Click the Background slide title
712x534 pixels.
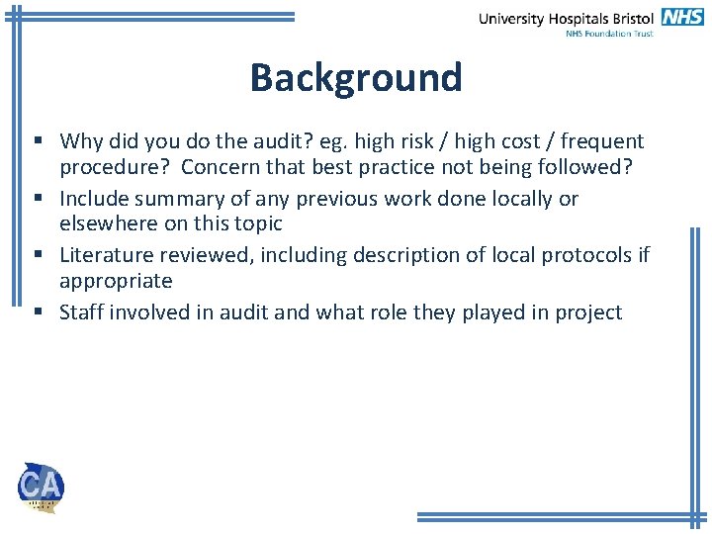(x=355, y=77)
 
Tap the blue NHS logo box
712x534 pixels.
(x=683, y=16)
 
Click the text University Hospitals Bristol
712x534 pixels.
(x=566, y=18)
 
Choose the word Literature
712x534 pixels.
(x=104, y=256)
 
